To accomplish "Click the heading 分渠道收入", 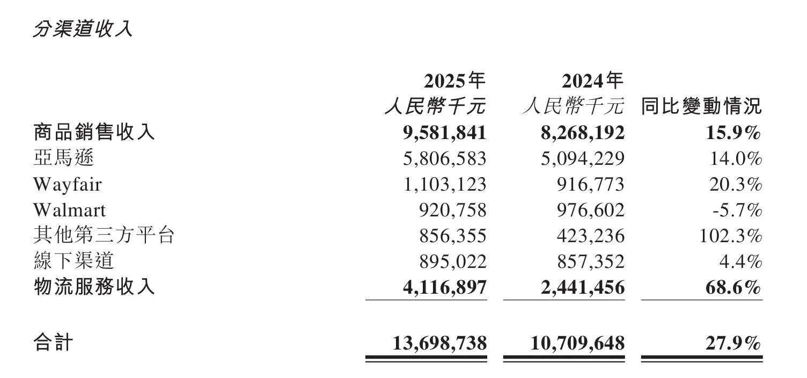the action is (82, 29).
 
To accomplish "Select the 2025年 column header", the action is (454, 81).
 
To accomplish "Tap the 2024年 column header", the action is (592, 81).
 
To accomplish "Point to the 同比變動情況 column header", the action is (701, 106).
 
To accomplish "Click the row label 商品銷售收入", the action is (94, 132).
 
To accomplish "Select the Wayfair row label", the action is (67, 184).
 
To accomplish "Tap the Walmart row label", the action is (69, 210).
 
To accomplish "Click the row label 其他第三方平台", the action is (104, 235).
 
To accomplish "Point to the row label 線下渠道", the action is (74, 261).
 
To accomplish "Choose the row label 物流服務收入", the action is (94, 287).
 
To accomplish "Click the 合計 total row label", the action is (53, 342).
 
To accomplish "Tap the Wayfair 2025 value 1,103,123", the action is (445, 184).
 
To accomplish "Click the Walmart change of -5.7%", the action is (737, 210).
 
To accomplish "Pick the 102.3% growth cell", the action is (730, 236).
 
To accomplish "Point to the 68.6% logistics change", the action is (733, 287).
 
